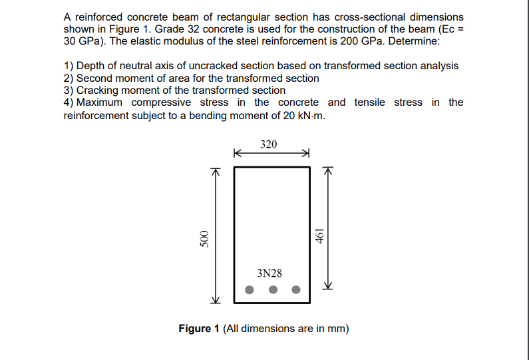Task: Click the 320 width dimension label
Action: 269,144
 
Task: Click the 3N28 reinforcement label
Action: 269,273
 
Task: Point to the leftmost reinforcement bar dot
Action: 250,289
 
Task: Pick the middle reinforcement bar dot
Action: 273,289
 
